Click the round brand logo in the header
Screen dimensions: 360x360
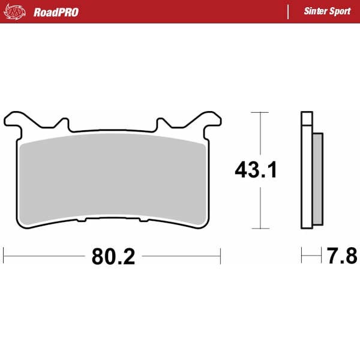(16, 11)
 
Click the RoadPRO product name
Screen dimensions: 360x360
(56, 12)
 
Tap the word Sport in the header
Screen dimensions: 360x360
(341, 11)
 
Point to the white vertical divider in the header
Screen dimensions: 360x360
(289, 11)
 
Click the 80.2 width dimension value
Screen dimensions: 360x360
(113, 257)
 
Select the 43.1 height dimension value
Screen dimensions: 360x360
(256, 171)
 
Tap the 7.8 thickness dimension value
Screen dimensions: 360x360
(342, 257)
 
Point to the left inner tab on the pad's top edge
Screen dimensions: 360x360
(61, 122)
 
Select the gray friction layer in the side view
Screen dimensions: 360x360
(317, 179)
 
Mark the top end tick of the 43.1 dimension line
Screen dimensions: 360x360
(259, 112)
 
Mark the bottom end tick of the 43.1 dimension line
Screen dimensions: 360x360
(259, 229)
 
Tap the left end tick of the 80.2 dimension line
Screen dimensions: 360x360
(4, 256)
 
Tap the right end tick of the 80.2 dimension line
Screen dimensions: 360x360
(221, 256)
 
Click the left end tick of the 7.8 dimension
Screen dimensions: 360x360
(302, 256)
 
